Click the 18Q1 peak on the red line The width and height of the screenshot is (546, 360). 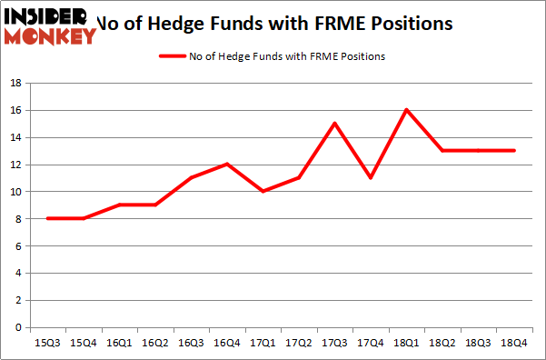pyautogui.click(x=407, y=110)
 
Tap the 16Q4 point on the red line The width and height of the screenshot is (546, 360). pyautogui.click(x=227, y=165)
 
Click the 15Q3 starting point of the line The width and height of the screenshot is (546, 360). pyautogui.click(x=47, y=219)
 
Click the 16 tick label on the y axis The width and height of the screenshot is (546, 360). pyautogui.click(x=15, y=110)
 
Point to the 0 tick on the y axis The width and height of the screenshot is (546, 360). pyautogui.click(x=18, y=327)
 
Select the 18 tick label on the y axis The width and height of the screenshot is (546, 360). pyautogui.click(x=15, y=83)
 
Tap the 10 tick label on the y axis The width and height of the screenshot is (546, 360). pyautogui.click(x=15, y=192)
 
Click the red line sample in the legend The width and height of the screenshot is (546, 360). pyautogui.click(x=172, y=56)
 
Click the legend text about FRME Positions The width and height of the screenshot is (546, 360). pyautogui.click(x=287, y=56)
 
